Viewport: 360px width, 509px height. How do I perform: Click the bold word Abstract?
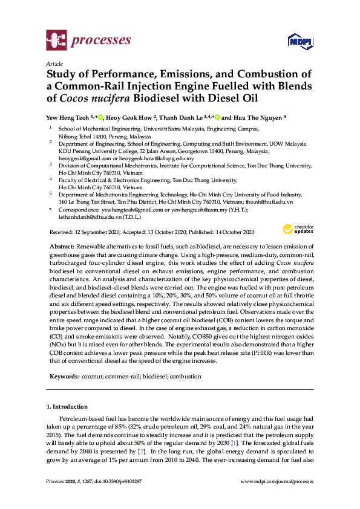(x=61, y=247)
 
